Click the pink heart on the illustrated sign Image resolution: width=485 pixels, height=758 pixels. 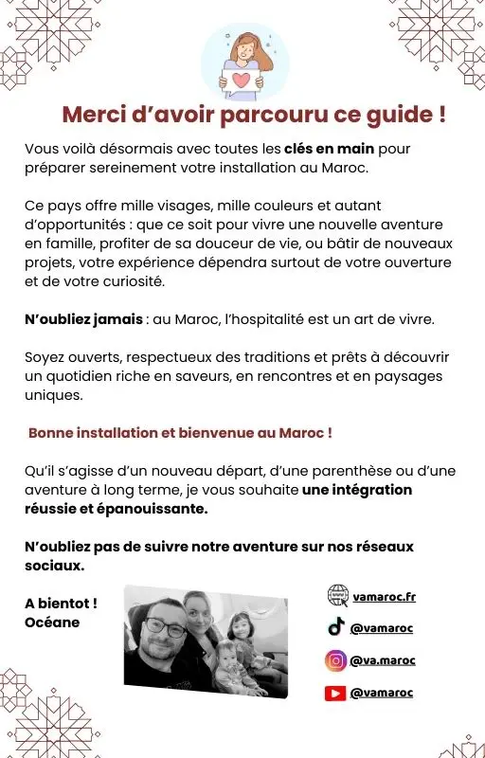coord(244,80)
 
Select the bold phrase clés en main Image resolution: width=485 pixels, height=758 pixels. coord(329,150)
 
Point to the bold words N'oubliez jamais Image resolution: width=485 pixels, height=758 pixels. coord(83,319)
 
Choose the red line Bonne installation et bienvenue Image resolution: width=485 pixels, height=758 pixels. coord(180,433)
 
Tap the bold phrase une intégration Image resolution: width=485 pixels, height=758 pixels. coord(357,490)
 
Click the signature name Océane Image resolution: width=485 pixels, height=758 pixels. coord(52,623)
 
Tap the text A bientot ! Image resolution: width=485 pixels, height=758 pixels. coord(61,604)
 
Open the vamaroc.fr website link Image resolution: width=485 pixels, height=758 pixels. coord(385,596)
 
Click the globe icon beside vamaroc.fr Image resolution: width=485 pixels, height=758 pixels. coord(337,595)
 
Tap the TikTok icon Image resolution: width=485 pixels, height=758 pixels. coord(335,627)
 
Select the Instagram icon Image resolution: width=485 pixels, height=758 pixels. coord(335,660)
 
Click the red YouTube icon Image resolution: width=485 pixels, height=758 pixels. coord(335,693)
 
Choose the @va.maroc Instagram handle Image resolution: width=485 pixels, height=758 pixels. coord(383,660)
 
